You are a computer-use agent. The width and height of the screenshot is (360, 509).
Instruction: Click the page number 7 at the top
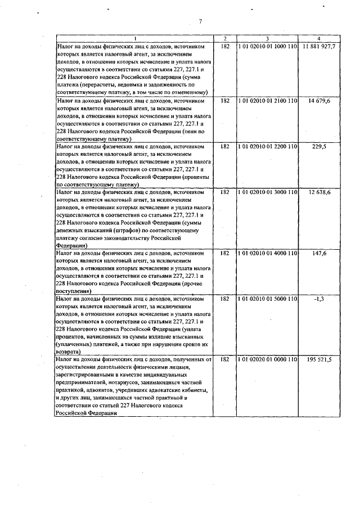click(x=200, y=22)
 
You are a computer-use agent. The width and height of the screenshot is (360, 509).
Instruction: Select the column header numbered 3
click(x=267, y=38)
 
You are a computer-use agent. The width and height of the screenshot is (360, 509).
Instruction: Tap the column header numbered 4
click(x=319, y=38)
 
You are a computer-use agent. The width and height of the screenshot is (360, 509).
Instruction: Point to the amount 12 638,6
click(x=319, y=192)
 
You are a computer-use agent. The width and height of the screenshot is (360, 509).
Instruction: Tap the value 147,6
click(x=319, y=253)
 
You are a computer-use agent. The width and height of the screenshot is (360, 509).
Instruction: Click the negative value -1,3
click(x=319, y=299)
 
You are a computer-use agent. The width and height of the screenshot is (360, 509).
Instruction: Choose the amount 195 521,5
click(x=319, y=359)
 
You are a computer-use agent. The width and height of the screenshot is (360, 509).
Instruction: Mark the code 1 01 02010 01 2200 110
click(x=267, y=146)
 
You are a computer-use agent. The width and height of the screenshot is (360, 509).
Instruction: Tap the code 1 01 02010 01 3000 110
click(x=267, y=192)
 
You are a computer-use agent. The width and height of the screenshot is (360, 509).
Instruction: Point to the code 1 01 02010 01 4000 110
click(x=267, y=253)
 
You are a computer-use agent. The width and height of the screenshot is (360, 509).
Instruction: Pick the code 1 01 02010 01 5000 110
click(x=267, y=299)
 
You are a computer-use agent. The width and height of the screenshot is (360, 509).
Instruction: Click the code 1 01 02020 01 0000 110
click(x=267, y=359)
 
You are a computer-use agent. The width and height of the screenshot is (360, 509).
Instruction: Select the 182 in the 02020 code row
click(x=225, y=359)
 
